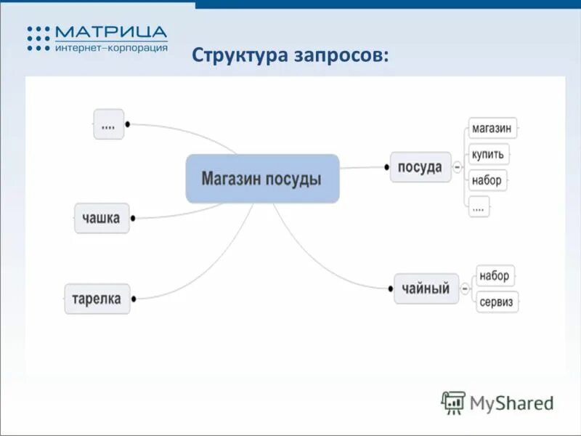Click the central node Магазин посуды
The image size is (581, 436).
click(x=262, y=178)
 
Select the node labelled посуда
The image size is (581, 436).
click(x=420, y=167)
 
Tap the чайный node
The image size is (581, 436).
click(x=426, y=288)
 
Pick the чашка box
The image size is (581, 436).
click(x=102, y=217)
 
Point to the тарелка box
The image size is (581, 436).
click(x=97, y=298)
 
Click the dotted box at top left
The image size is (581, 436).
click(x=108, y=124)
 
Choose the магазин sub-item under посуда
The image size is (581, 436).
click(x=492, y=129)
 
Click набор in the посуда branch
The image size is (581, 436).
click(x=487, y=179)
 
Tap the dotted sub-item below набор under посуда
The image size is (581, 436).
click(x=479, y=206)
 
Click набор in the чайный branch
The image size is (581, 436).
click(x=495, y=276)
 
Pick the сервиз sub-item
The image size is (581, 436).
click(x=497, y=302)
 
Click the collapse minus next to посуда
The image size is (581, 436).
click(x=458, y=167)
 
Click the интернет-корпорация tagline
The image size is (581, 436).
click(x=110, y=47)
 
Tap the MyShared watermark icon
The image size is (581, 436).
click(x=453, y=402)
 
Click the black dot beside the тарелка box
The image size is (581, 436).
click(x=137, y=298)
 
